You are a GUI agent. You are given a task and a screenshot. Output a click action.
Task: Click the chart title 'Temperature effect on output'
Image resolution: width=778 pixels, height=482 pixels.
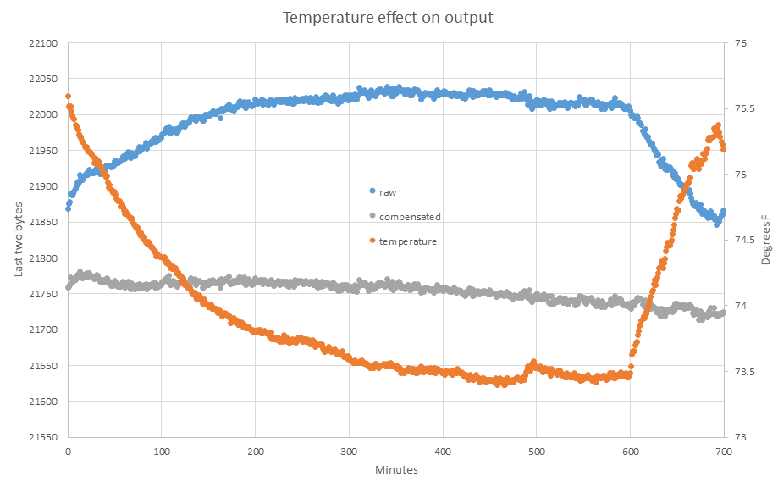pyautogui.click(x=389, y=18)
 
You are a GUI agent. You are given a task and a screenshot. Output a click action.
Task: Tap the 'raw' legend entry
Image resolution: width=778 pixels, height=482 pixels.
pyautogui.click(x=388, y=192)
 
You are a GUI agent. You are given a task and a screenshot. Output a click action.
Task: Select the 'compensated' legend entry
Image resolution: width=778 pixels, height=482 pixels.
pyautogui.click(x=410, y=217)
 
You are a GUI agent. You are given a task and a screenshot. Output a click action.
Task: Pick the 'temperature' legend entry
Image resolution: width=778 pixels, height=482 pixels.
pyautogui.click(x=407, y=241)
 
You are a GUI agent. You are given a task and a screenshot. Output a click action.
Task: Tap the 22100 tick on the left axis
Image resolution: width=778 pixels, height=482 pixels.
pyautogui.click(x=43, y=43)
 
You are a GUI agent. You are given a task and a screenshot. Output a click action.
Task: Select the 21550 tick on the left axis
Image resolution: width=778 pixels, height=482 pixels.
pyautogui.click(x=43, y=438)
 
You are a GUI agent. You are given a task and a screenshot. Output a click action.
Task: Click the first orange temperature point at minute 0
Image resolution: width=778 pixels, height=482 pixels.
pyautogui.click(x=68, y=97)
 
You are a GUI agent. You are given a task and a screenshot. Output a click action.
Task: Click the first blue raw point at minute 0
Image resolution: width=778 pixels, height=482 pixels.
pyautogui.click(x=68, y=208)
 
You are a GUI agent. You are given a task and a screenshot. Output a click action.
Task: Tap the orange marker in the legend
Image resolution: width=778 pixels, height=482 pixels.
pyautogui.click(x=372, y=241)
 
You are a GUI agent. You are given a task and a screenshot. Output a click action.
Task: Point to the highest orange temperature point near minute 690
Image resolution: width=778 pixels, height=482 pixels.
pyautogui.click(x=719, y=125)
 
